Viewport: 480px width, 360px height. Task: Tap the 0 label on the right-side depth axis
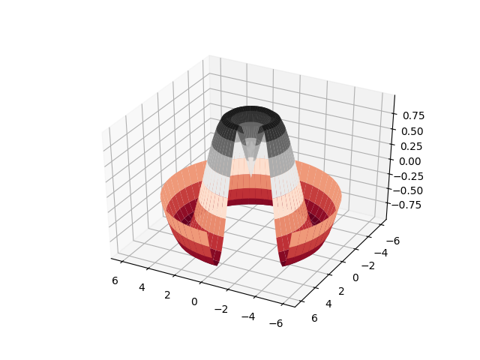355,277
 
